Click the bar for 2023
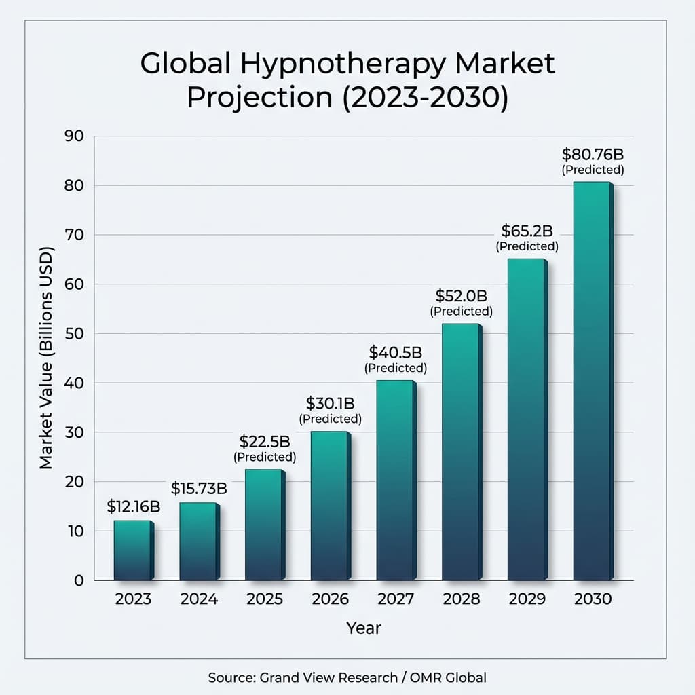coord(132,550)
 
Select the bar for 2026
coord(330,506)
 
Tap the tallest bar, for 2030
coord(592,381)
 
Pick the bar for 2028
coord(461,452)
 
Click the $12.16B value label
coord(134,506)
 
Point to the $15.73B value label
coord(199,488)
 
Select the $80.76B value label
coord(593,153)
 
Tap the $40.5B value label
coord(396,352)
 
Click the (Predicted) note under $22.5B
coord(265,457)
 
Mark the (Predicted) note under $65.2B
coord(527,246)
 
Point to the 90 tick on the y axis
coord(75,136)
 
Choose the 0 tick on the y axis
coord(79,580)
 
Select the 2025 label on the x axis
coord(265,599)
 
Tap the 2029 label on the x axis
coord(527,599)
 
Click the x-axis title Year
coord(364,628)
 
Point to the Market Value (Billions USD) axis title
coord(46,358)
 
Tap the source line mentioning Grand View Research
coord(347,677)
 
